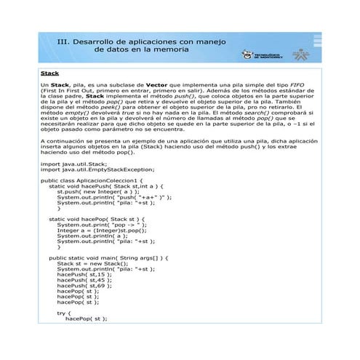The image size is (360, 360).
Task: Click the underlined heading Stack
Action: click(x=50, y=73)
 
